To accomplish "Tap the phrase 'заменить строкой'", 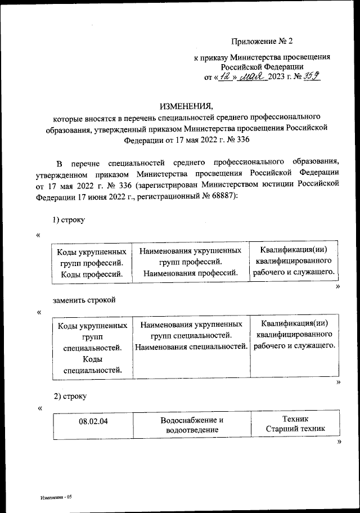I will [84, 300].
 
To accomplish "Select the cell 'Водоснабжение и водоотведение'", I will [192, 425].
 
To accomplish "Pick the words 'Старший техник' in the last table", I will [295, 430].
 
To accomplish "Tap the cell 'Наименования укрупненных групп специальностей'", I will [191, 335].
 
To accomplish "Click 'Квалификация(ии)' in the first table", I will [294, 250].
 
